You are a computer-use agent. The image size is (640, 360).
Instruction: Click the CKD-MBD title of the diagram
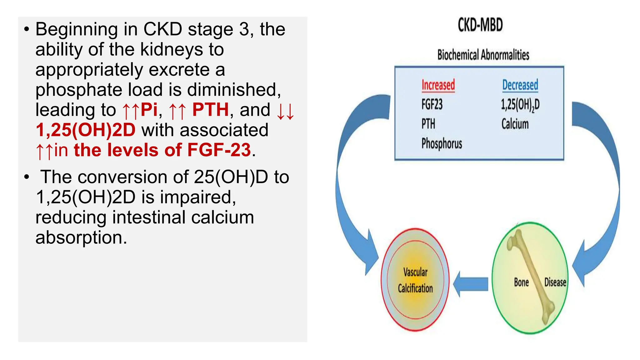tap(480, 25)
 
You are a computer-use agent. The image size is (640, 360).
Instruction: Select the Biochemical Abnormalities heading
tap(483, 55)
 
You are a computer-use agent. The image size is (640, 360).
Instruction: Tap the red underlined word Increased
tap(438, 85)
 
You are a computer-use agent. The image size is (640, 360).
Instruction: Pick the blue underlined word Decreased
tap(520, 85)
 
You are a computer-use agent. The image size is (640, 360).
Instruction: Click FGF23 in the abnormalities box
tap(432, 104)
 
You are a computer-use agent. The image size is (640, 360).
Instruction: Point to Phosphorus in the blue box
tap(442, 144)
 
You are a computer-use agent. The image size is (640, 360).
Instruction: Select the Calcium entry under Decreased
tap(515, 124)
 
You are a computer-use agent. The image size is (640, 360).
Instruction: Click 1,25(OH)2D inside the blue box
tap(520, 105)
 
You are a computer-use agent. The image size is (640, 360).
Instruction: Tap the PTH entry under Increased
tap(428, 124)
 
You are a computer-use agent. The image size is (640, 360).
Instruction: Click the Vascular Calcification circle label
tap(415, 280)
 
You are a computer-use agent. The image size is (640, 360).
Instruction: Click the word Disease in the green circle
tap(555, 282)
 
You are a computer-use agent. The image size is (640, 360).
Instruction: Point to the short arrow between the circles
tap(471, 284)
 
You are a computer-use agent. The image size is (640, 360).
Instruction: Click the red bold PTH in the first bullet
tap(210, 110)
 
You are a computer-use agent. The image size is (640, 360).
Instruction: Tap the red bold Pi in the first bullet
tap(149, 110)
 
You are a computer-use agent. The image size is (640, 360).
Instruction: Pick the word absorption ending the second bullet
tap(81, 237)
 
